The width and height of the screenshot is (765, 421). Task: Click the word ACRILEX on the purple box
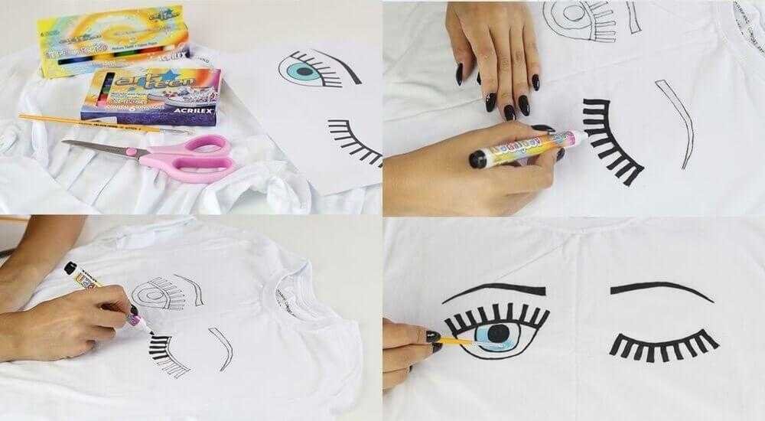184,107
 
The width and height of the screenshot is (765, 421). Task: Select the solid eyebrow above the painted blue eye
497,293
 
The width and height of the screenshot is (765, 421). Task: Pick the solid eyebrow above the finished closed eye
650,291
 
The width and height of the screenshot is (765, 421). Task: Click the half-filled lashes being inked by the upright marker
164,348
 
